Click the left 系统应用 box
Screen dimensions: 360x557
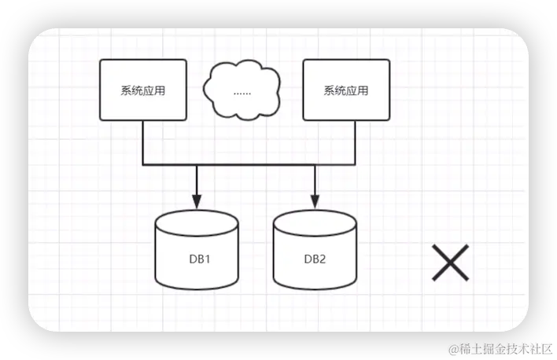click(143, 90)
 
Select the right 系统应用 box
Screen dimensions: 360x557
click(345, 90)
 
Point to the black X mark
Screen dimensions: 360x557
click(451, 263)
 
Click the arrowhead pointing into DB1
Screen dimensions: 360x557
click(197, 201)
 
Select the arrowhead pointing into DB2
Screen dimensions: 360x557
click(315, 201)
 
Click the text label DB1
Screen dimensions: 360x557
click(197, 259)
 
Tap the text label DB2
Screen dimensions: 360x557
click(315, 259)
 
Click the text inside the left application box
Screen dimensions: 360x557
click(143, 90)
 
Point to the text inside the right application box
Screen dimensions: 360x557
click(345, 90)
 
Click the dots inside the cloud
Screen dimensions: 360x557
click(242, 92)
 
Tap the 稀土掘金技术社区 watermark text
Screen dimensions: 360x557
click(504, 347)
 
